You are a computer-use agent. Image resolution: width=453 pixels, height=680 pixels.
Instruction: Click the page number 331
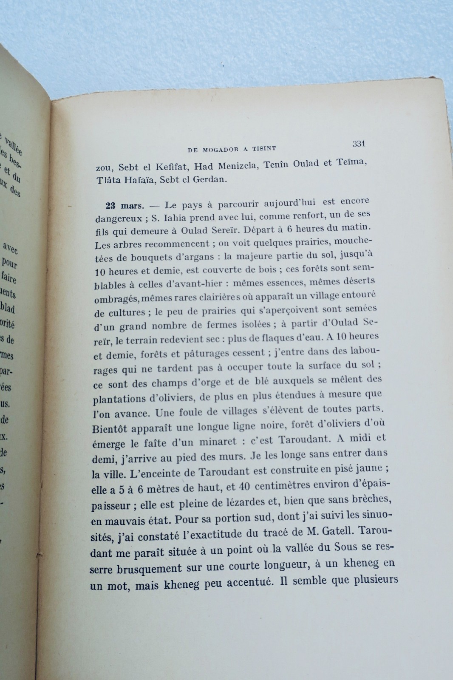click(359, 144)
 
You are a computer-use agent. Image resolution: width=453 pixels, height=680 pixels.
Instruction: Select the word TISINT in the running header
click(263, 148)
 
